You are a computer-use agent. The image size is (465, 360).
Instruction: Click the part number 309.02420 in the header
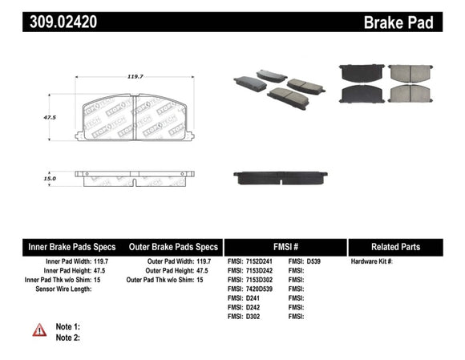pos(64,22)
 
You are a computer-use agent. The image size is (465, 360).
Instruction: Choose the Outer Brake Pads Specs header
pos(174,247)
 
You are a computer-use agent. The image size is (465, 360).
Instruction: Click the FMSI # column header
pos(285,247)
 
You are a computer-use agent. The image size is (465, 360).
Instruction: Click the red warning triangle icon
pos(38,330)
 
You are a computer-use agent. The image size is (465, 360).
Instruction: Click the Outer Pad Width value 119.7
pos(205,262)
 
